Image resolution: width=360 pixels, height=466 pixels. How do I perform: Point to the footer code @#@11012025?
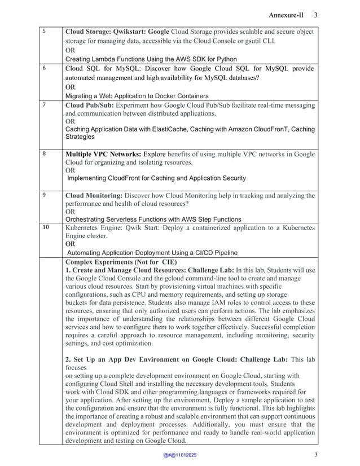coord(180,455)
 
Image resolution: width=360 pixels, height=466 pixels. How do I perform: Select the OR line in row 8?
coord(71,170)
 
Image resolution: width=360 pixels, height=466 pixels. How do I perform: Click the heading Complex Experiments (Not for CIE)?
coord(121,262)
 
